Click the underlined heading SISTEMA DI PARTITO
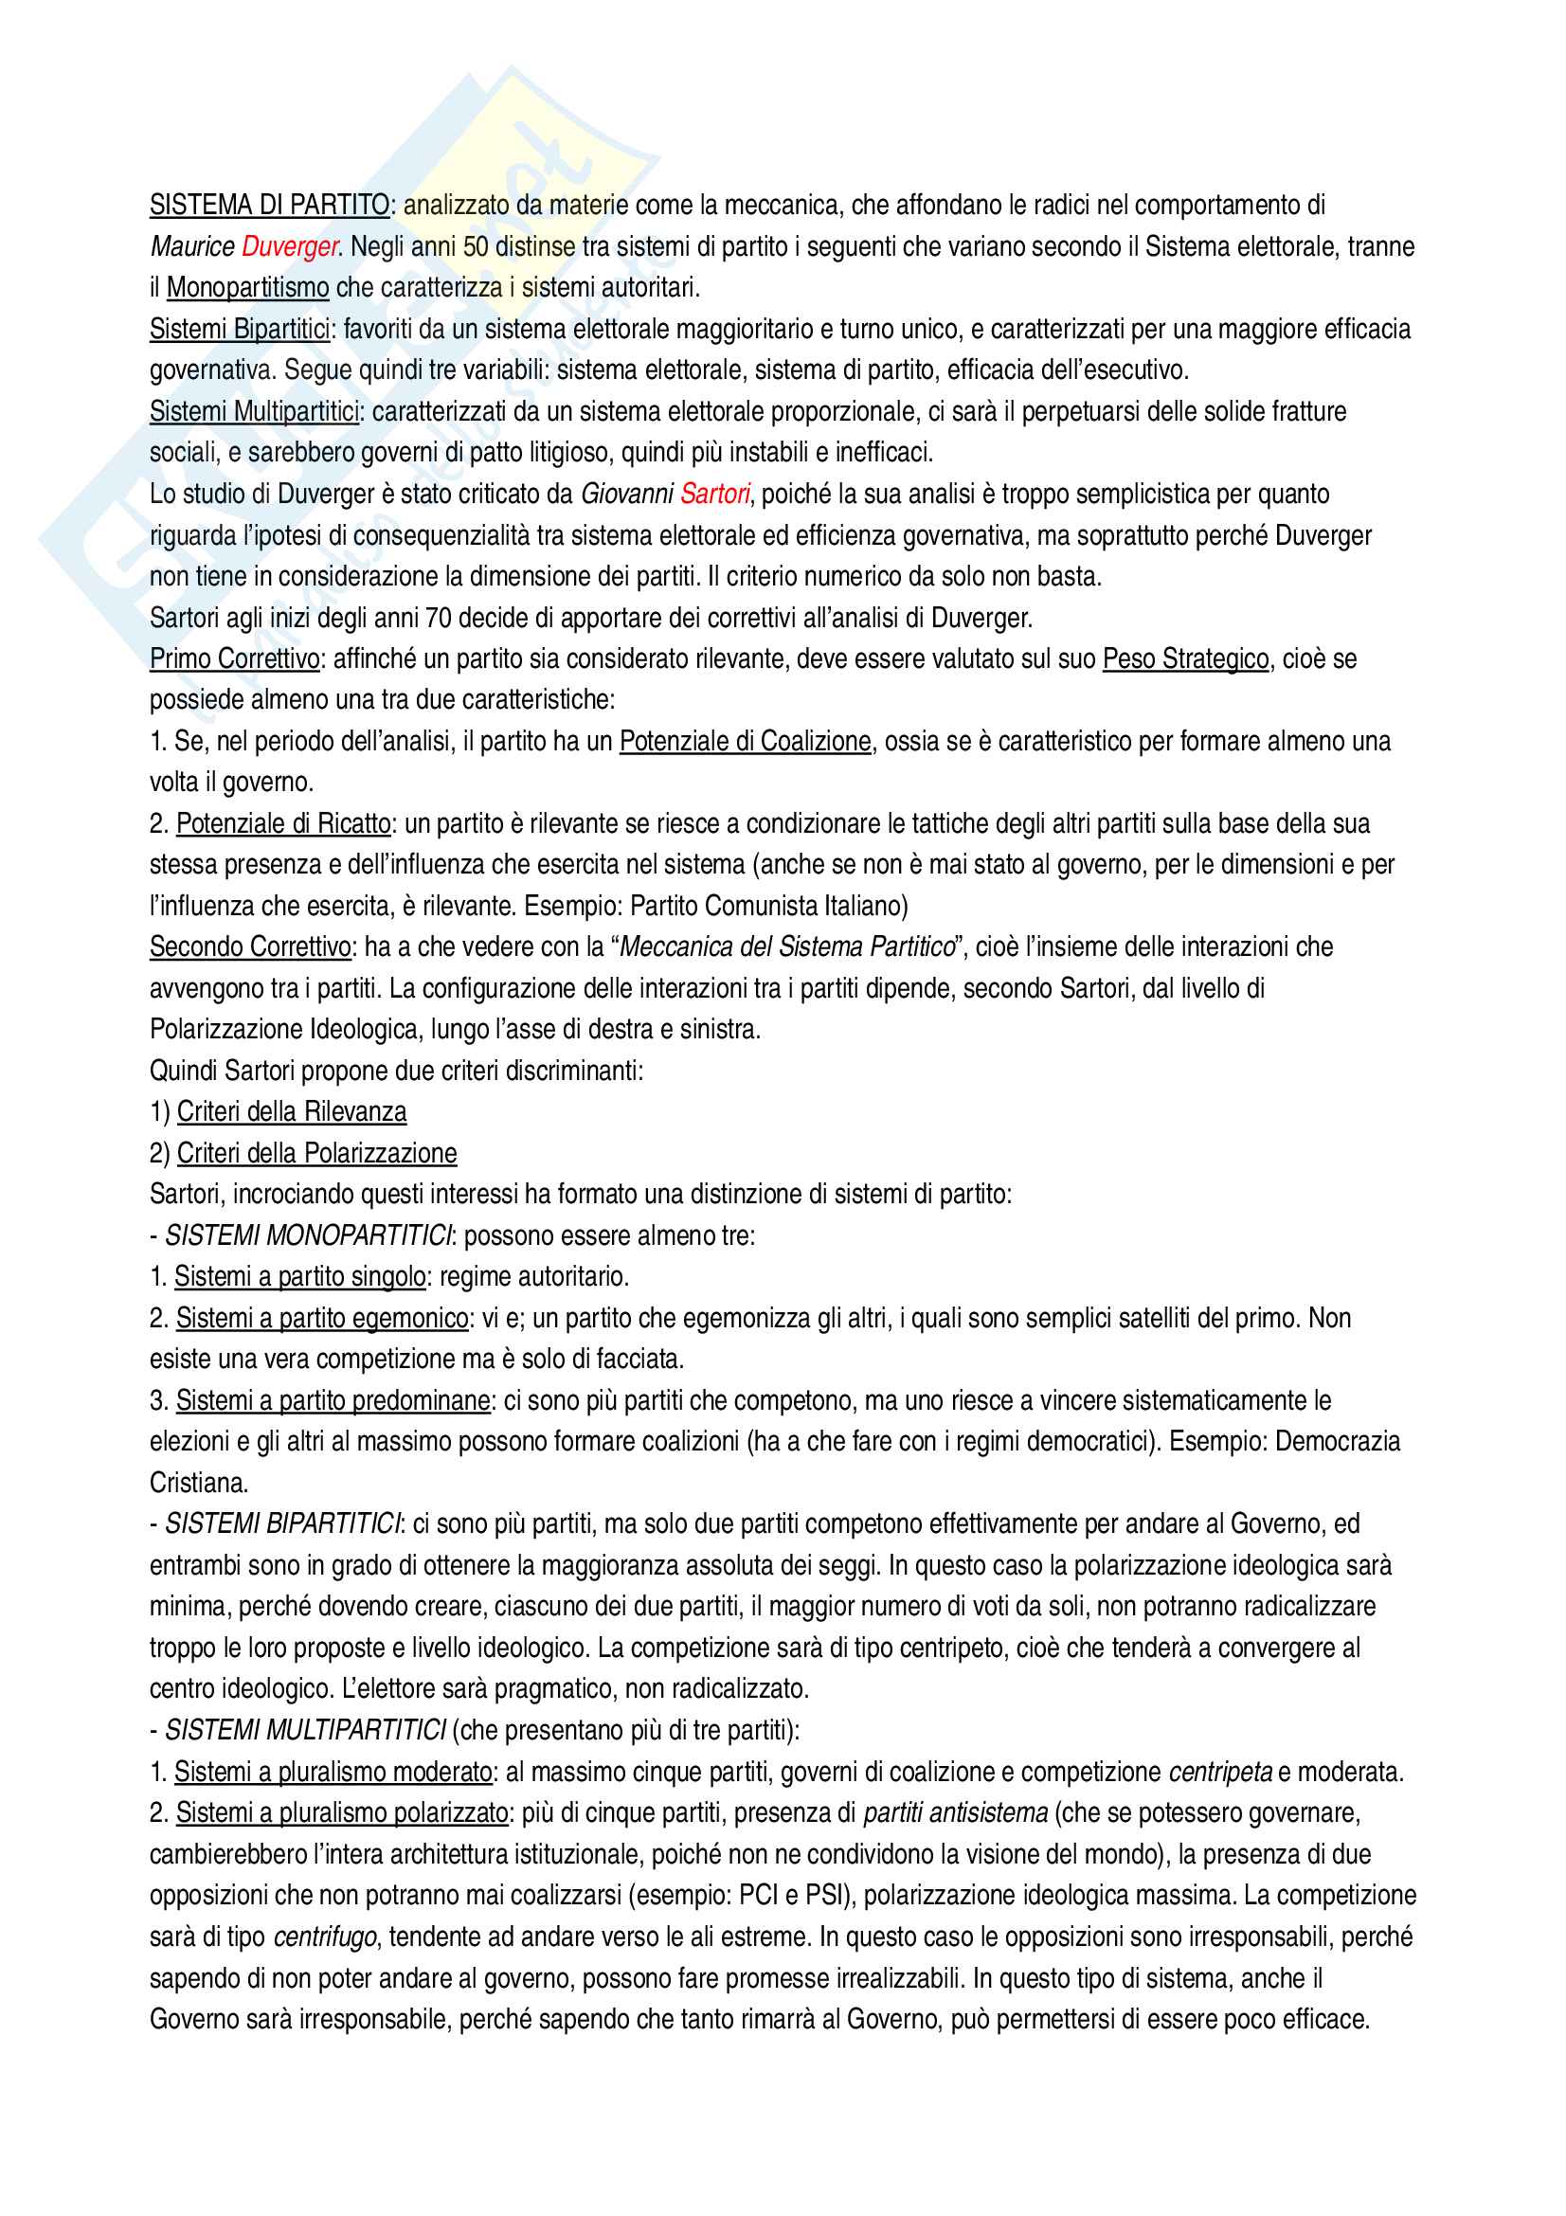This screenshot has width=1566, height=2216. tap(269, 206)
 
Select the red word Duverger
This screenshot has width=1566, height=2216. tap(289, 247)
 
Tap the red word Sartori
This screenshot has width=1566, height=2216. tap(714, 495)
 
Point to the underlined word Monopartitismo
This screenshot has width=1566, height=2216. tap(248, 288)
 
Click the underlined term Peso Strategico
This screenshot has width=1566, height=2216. tap(1185, 659)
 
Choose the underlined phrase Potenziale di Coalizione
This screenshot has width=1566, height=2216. tap(745, 741)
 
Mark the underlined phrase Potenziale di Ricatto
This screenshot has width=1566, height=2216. tap(283, 824)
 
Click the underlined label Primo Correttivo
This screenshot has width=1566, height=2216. tap(234, 659)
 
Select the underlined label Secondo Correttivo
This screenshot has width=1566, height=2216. tap(250, 947)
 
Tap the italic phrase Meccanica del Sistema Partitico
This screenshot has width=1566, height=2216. tap(786, 947)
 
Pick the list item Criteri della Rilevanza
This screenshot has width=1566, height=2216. tap(292, 1113)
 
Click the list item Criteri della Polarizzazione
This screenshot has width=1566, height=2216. tap(316, 1154)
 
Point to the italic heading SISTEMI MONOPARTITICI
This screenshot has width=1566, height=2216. tap(308, 1236)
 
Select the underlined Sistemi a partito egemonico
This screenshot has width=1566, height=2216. tap(322, 1320)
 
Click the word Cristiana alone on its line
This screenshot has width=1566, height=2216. tap(199, 1484)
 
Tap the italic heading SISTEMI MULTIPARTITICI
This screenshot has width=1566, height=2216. tap(306, 1731)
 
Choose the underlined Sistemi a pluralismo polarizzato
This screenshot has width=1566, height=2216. tap(342, 1813)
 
